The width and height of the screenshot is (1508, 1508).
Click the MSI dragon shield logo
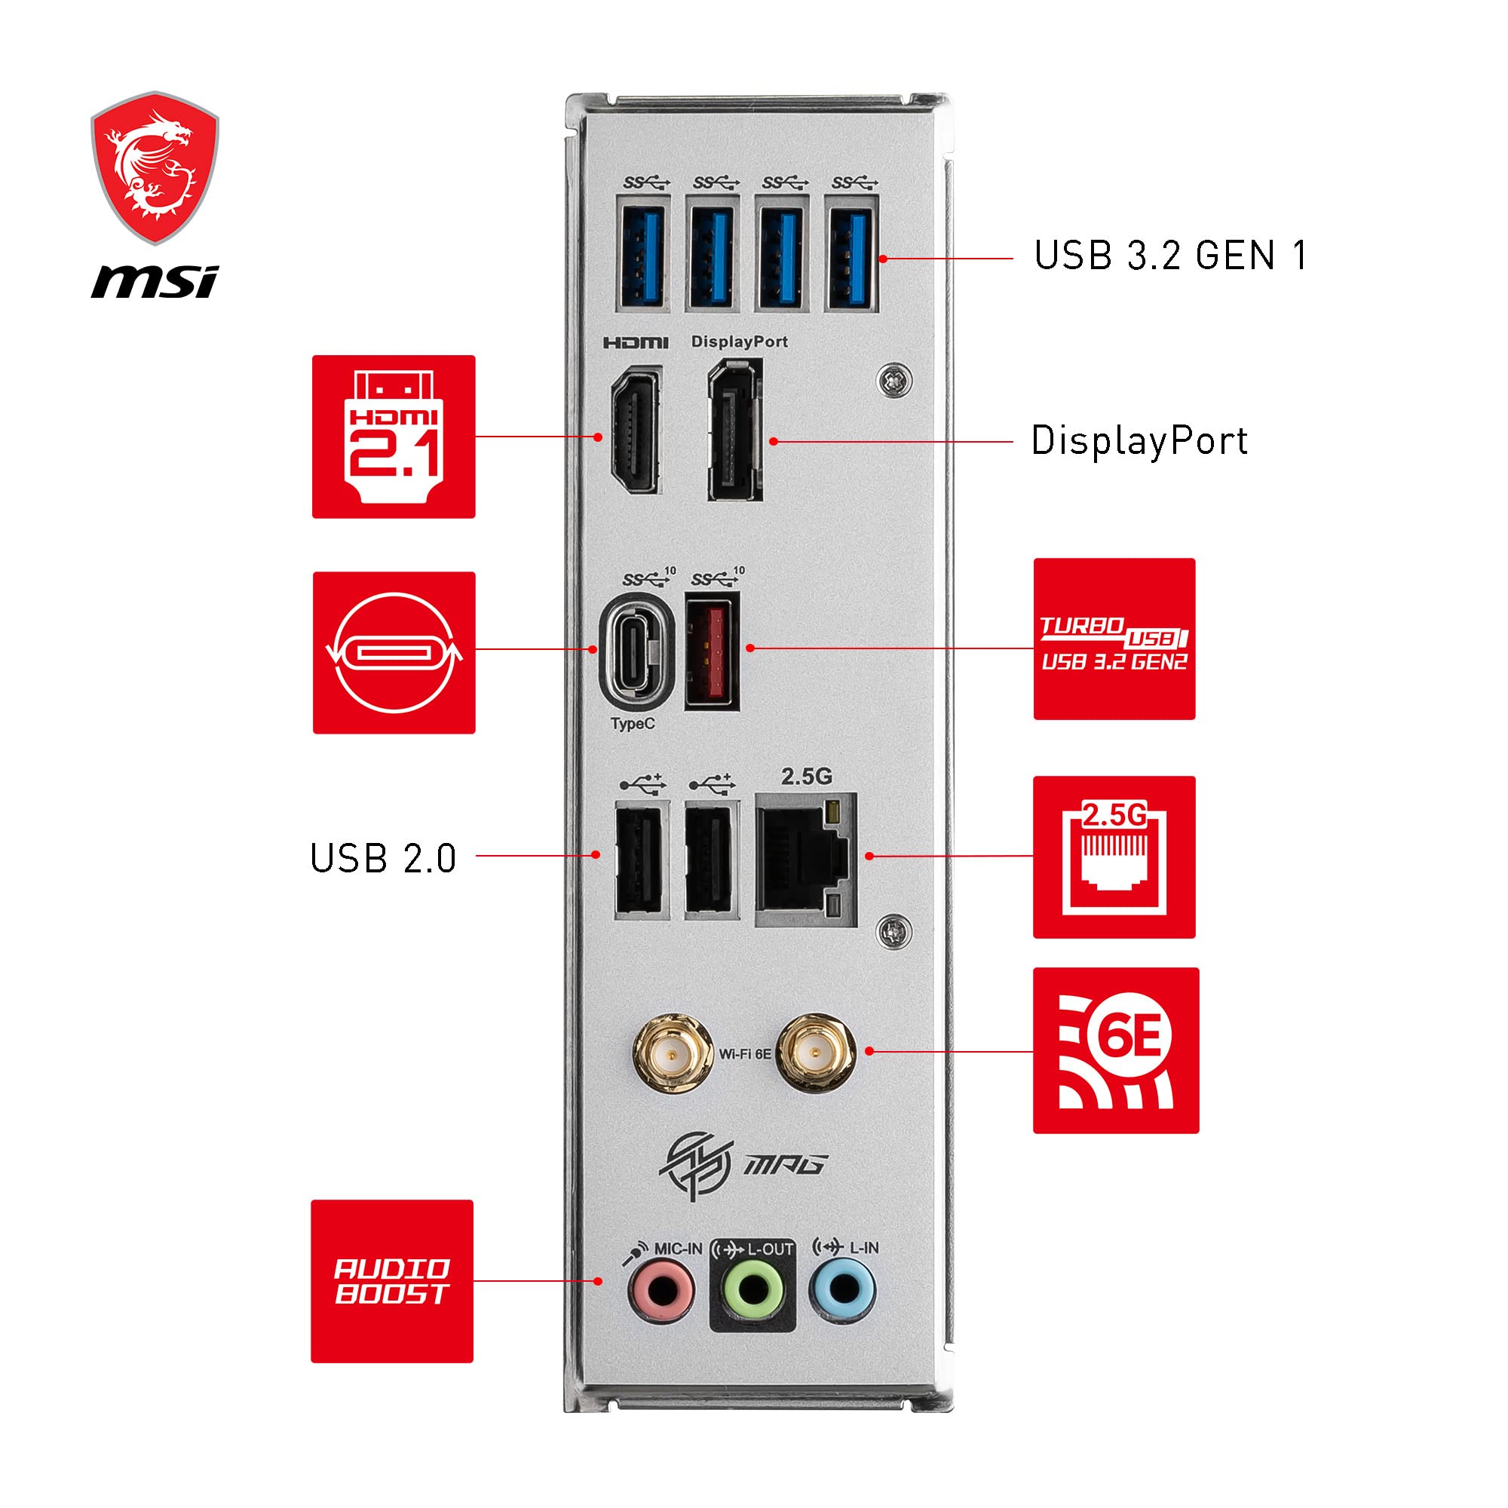click(x=155, y=167)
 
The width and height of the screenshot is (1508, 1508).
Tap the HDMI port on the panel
click(x=635, y=430)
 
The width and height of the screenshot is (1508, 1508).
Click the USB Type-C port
click(x=636, y=651)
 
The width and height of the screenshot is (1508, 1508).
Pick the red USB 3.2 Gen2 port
click(x=711, y=651)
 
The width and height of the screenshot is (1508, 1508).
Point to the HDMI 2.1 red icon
click(x=394, y=437)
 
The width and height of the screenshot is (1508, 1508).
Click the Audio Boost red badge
click(x=392, y=1281)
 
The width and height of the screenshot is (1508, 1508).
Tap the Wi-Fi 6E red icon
click(x=1115, y=1050)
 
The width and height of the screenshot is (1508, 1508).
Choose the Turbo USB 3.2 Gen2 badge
click(x=1114, y=639)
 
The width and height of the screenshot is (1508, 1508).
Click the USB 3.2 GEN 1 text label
click(x=1169, y=256)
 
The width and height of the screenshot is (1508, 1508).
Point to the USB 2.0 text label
click(x=382, y=859)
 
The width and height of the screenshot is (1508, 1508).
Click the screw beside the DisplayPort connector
click(x=894, y=380)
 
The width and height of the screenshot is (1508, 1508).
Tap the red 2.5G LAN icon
click(x=1114, y=857)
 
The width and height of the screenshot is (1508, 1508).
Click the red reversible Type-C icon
click(x=394, y=652)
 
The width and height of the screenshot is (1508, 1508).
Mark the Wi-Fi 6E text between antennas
click(x=745, y=1054)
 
